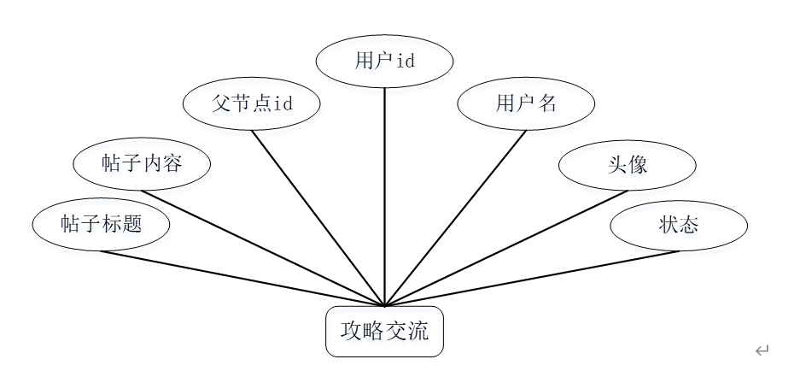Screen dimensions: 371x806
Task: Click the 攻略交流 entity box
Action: click(x=384, y=331)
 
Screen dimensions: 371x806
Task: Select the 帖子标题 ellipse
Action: click(x=101, y=225)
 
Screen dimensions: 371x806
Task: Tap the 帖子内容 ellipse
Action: click(x=142, y=164)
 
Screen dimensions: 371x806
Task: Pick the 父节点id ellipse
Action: click(x=252, y=104)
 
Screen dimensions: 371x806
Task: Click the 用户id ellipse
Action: click(x=384, y=61)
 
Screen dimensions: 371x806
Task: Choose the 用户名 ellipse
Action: click(x=526, y=104)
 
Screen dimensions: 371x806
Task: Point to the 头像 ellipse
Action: click(x=628, y=164)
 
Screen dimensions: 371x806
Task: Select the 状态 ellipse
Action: click(x=679, y=225)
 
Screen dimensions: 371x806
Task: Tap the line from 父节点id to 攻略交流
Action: click(x=318, y=217)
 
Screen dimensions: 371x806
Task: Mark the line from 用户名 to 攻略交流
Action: click(x=456, y=217)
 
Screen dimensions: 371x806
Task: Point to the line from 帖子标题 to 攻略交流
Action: click(x=242, y=278)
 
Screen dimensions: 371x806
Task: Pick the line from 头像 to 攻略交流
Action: click(x=505, y=248)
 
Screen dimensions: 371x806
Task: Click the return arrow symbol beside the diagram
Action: click(x=762, y=349)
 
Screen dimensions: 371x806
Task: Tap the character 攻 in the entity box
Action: click(x=351, y=331)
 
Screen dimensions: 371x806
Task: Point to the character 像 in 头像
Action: click(x=638, y=164)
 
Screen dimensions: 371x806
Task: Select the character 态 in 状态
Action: click(x=689, y=225)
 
